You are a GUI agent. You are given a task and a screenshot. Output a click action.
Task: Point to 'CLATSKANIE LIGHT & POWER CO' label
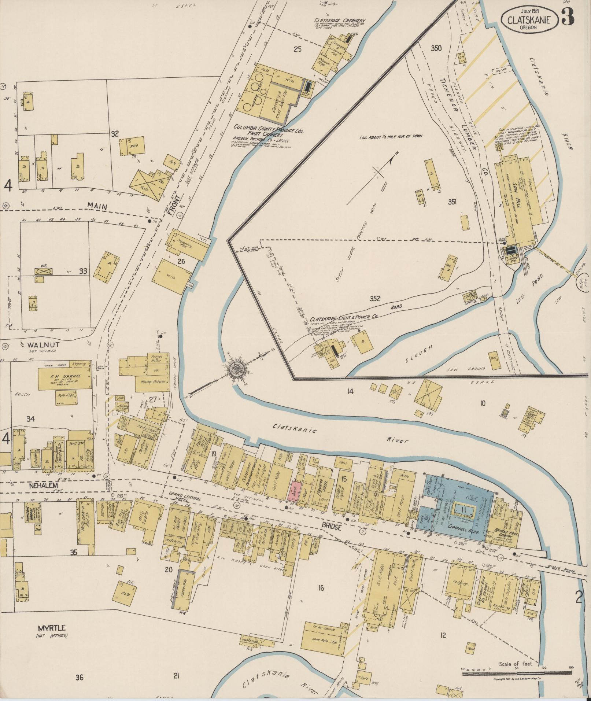pyautogui.click(x=343, y=318)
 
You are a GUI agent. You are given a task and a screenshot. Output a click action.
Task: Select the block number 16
pyautogui.click(x=321, y=588)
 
